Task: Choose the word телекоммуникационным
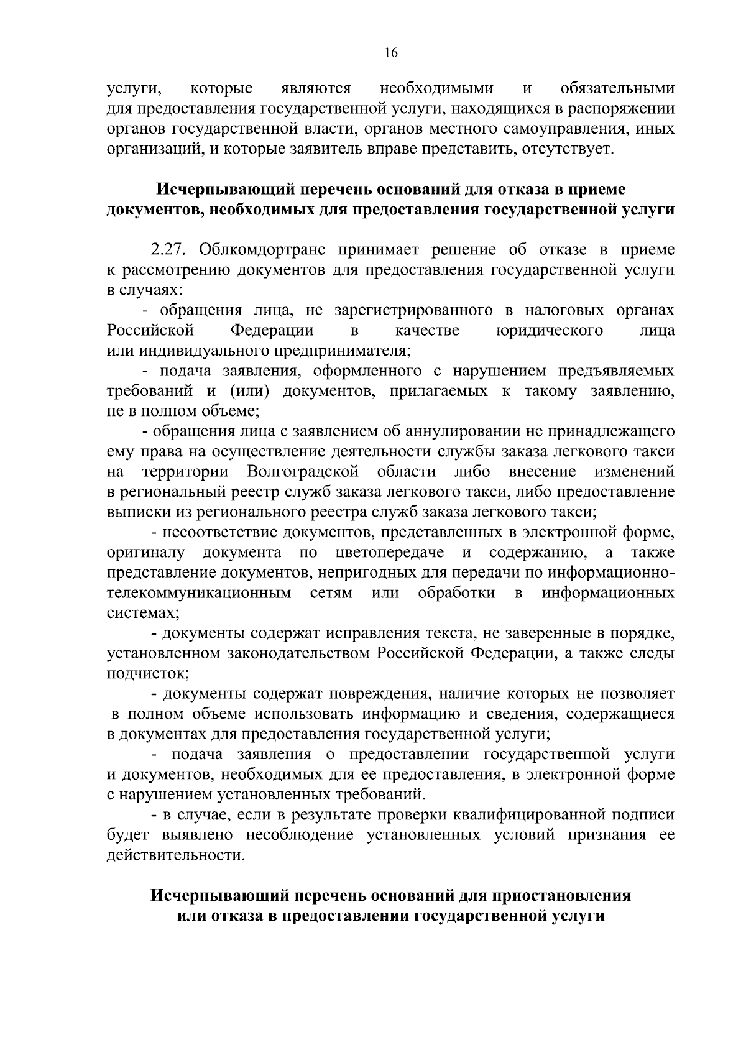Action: pos(199,592)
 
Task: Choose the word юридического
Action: pos(550,329)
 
